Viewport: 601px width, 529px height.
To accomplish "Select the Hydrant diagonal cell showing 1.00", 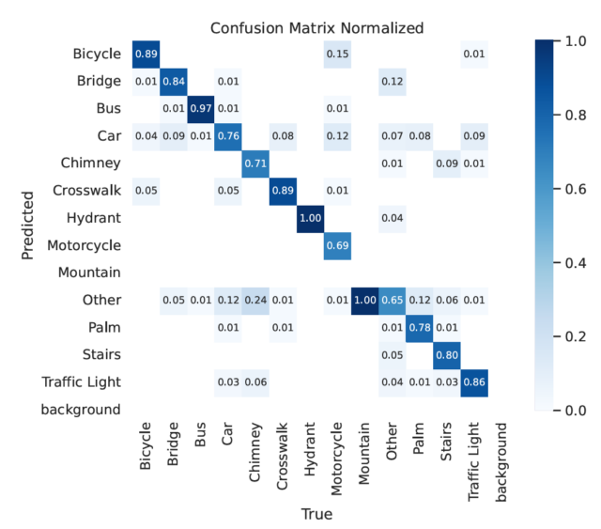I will click(x=310, y=218).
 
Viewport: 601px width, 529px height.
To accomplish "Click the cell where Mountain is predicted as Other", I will click(x=363, y=300).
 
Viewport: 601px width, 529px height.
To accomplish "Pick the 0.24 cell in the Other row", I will click(x=255, y=300).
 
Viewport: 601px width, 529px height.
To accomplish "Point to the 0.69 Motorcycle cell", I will click(x=337, y=245).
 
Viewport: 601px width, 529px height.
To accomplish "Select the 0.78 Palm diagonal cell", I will click(x=418, y=327).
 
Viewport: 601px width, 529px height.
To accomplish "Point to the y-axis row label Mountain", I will click(x=89, y=272).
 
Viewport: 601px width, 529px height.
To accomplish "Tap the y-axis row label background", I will click(x=82, y=409).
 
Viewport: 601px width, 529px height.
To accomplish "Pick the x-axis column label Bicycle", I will click(x=147, y=455).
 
